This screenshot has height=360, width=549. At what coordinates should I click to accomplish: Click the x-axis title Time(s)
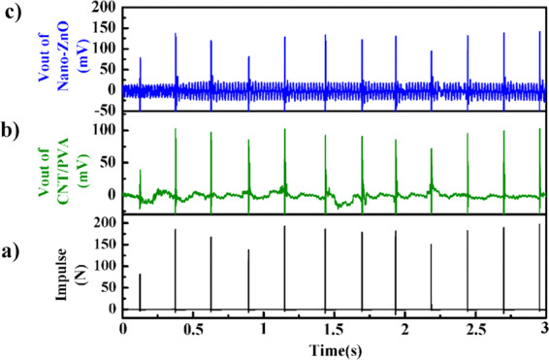[x=335, y=347]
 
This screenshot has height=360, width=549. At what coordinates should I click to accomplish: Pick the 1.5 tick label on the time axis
[x=335, y=328]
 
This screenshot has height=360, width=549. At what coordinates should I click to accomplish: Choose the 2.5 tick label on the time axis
[x=476, y=328]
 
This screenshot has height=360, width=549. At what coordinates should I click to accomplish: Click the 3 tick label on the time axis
[x=545, y=328]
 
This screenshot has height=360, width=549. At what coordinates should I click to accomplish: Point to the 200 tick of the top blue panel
[x=105, y=8]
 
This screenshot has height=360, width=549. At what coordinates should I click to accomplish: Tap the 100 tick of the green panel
[x=105, y=129]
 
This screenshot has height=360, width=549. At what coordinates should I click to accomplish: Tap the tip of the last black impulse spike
[x=539, y=225]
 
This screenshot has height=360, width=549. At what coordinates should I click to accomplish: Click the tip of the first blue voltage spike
[x=140, y=58]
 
